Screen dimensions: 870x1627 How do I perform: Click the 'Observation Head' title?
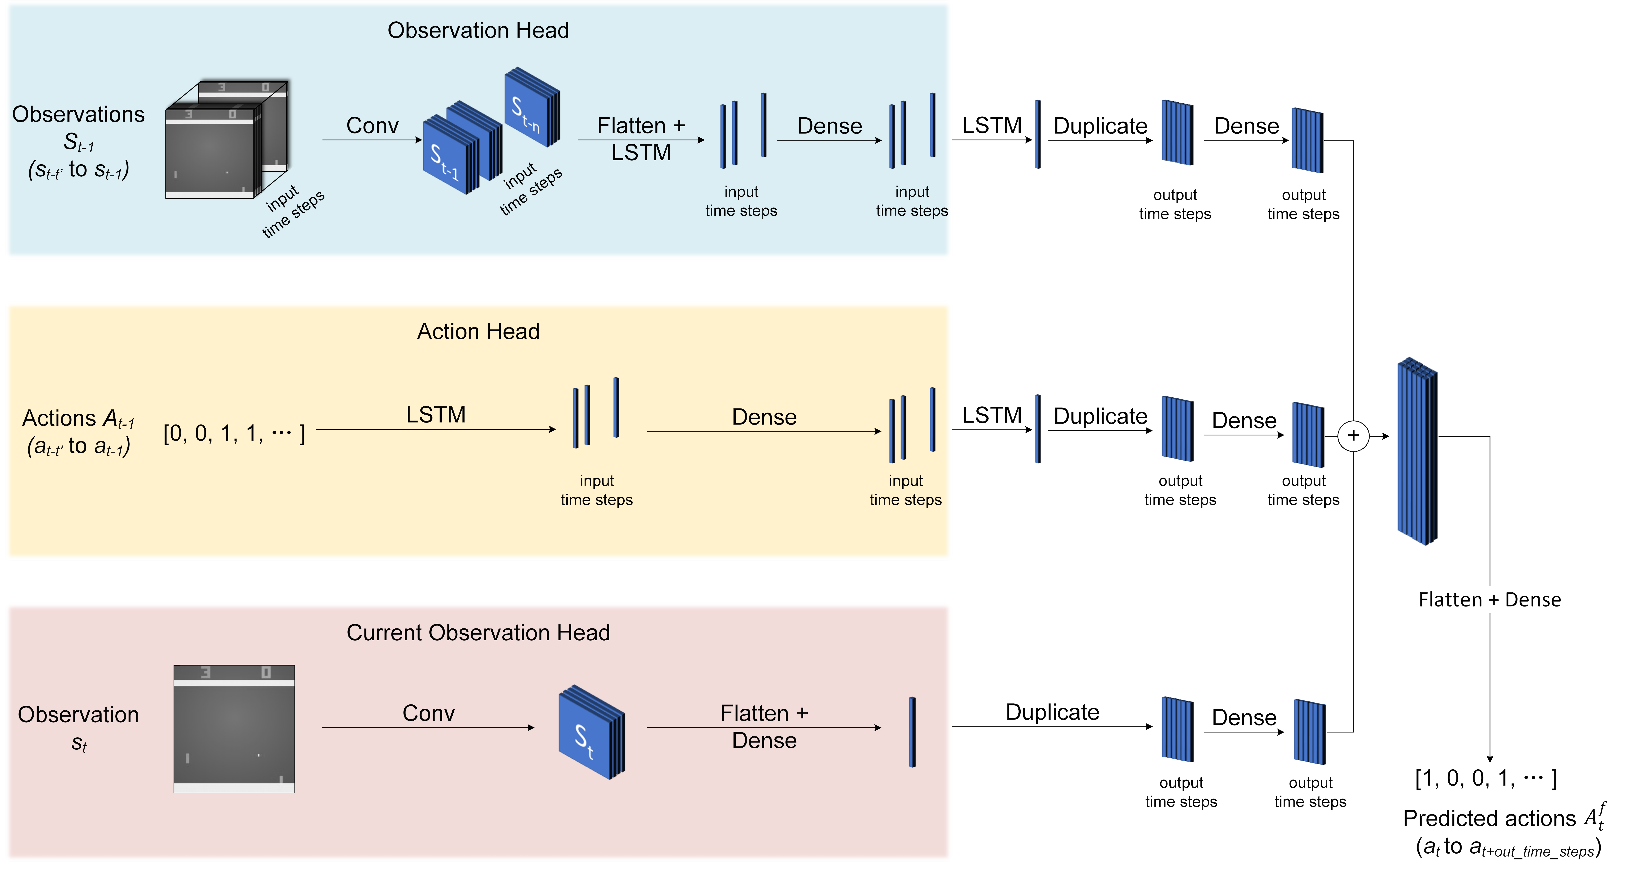tap(478, 30)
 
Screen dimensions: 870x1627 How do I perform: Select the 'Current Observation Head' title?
tap(478, 632)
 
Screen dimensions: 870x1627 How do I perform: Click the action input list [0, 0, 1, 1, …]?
tap(234, 433)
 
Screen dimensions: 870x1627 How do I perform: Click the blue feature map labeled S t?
tap(591, 733)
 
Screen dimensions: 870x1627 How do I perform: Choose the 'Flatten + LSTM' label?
tap(641, 139)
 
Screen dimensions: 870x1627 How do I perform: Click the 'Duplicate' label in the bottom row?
tap(1052, 712)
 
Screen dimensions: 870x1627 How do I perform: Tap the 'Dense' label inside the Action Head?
tap(764, 417)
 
